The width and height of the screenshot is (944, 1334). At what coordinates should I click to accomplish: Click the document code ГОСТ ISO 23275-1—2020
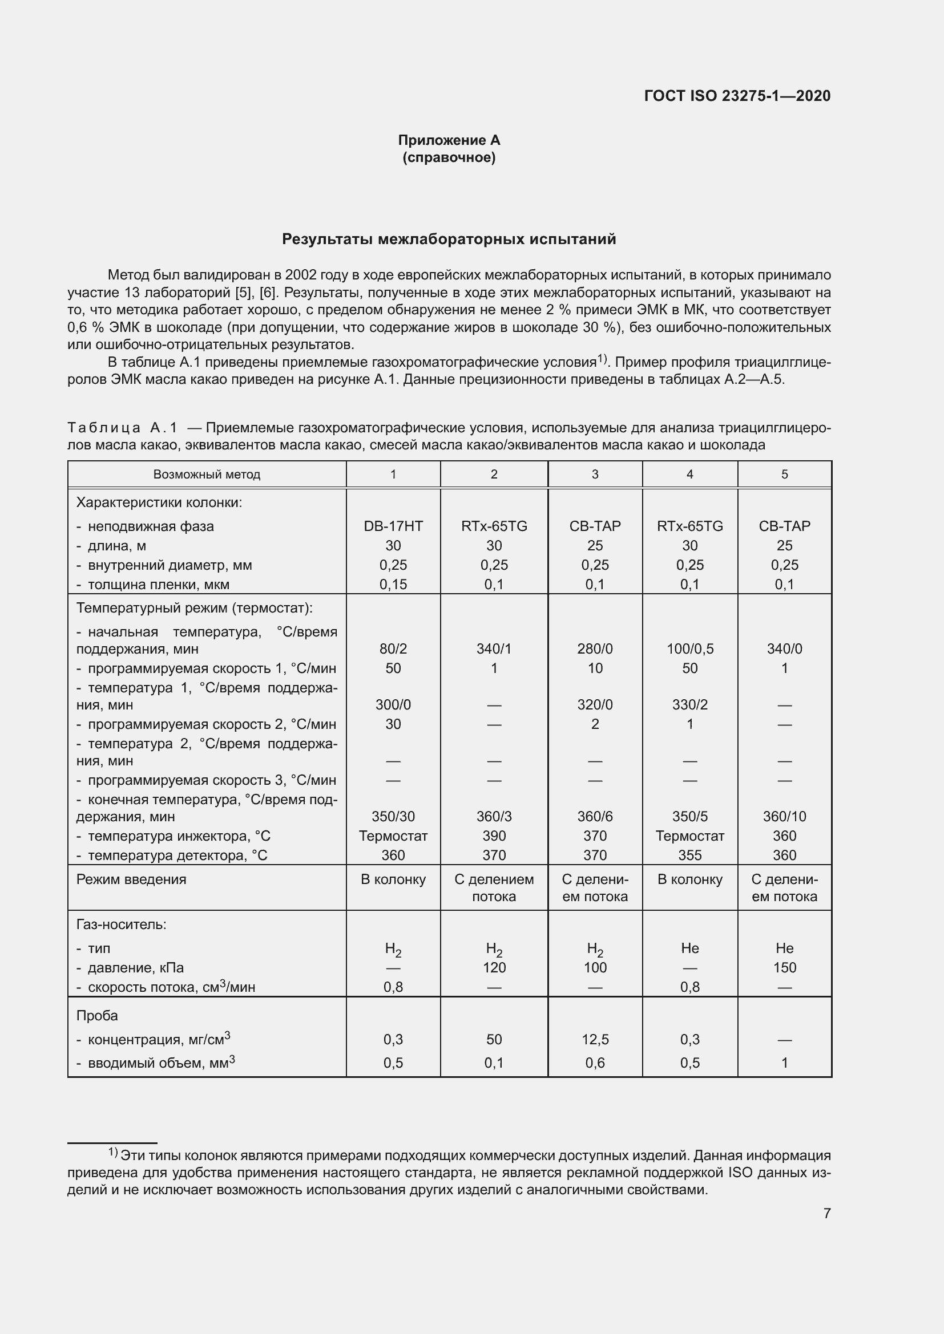736,96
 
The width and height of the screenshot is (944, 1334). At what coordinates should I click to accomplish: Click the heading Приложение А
449,140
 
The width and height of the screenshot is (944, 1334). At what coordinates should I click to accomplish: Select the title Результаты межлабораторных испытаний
449,240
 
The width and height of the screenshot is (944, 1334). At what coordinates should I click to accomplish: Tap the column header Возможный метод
207,475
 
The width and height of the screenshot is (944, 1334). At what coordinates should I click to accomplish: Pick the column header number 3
595,475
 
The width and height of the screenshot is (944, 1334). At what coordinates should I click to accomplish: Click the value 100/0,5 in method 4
689,649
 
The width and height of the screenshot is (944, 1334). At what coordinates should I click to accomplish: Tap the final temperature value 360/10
784,817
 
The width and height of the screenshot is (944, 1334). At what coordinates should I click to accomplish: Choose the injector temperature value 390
494,836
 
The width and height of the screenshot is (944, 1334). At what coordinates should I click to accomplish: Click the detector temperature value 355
689,855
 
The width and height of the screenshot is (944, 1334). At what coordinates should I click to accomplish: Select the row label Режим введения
131,879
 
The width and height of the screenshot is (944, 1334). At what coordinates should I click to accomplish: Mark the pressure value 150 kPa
784,968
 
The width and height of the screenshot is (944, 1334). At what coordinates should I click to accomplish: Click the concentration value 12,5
595,1040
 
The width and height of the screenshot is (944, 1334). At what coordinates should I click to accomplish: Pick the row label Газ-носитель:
121,925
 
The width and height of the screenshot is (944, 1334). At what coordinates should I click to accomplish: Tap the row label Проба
96,1016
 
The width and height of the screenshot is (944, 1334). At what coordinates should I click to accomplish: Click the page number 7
826,1213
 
